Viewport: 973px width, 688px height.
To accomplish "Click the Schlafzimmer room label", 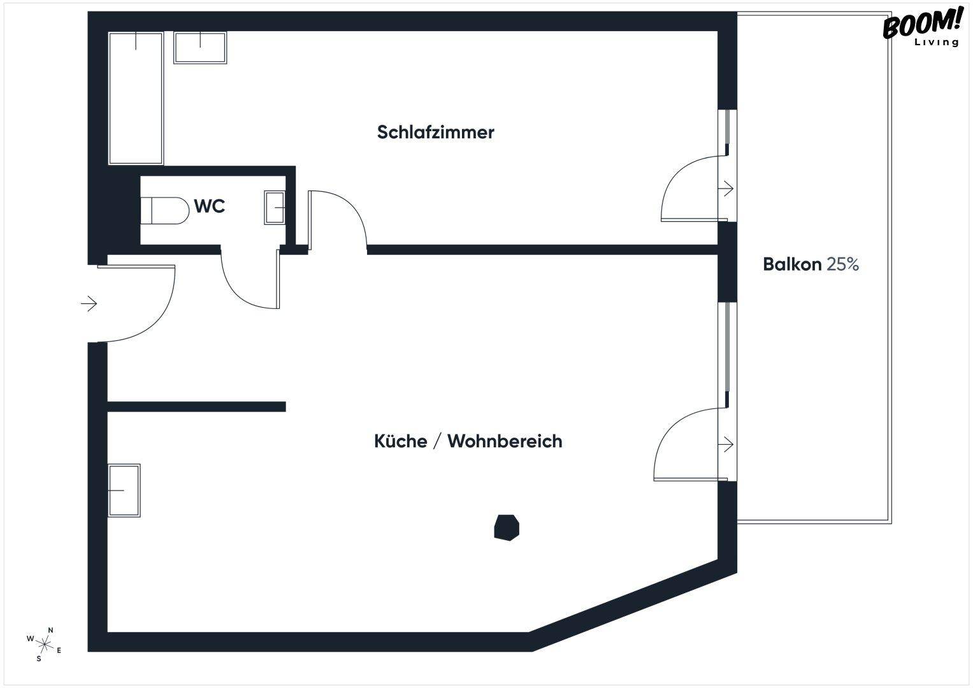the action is click(435, 133).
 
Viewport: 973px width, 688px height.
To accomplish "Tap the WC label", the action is click(210, 206).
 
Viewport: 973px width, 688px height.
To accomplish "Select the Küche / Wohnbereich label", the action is click(468, 441).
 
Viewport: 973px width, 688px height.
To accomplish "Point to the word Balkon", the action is click(792, 264).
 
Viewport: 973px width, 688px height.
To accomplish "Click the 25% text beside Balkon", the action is click(842, 264).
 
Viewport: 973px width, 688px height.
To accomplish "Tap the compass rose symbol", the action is click(45, 643).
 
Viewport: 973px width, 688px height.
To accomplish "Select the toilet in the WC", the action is click(165, 210).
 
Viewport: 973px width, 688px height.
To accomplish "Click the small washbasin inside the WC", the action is click(275, 207).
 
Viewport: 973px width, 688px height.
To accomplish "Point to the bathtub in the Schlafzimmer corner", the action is click(136, 98).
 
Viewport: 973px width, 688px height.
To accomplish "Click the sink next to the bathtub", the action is click(200, 48).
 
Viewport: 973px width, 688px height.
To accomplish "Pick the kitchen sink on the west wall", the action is click(124, 490).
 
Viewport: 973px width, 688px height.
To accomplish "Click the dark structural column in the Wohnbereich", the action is click(507, 527).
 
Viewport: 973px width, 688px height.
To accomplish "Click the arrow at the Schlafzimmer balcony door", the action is click(726, 189).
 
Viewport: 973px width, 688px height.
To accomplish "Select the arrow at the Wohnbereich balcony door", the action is click(726, 444).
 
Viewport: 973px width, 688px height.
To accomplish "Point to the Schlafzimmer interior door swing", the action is click(341, 213).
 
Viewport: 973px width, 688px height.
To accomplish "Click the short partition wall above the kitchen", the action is click(196, 406).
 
